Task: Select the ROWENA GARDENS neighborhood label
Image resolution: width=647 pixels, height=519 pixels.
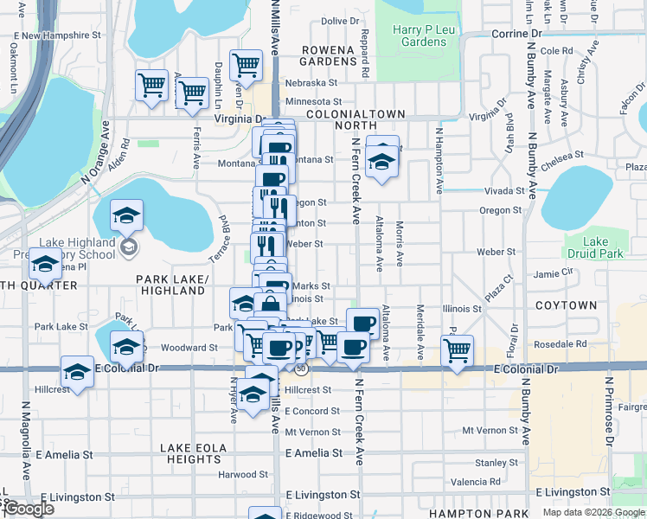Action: (328, 55)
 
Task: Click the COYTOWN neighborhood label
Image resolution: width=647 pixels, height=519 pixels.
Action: (567, 305)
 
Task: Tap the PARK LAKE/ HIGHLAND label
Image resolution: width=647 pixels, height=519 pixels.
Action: (172, 285)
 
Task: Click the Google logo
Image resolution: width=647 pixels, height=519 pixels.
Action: (28, 509)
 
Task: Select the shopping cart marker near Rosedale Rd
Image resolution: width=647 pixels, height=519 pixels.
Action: (457, 350)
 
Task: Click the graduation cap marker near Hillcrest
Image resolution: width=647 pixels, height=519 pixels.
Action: (77, 372)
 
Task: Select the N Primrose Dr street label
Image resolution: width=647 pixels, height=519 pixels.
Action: (610, 411)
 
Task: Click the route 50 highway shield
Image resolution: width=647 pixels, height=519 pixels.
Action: (301, 368)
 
